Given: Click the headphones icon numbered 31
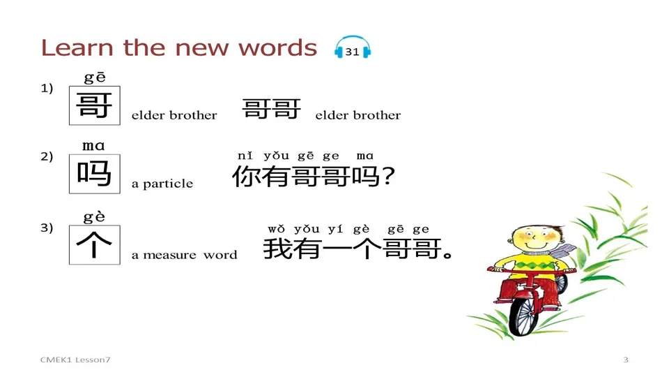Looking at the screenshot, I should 352,50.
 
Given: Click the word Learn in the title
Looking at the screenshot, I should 77,47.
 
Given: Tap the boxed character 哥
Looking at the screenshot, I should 94,105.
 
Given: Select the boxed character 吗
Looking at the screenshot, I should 94,174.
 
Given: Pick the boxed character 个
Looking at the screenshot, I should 94,245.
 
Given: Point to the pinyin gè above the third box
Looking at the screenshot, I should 94,216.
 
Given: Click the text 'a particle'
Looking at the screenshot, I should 162,184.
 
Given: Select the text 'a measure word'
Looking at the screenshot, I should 184,256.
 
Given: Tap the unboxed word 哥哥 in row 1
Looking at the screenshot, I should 272,109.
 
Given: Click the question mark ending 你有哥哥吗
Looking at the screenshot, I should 390,177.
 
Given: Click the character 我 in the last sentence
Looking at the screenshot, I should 277,249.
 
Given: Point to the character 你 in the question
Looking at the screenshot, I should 246,177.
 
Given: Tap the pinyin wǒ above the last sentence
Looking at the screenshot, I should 277,229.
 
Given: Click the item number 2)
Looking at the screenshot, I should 47,157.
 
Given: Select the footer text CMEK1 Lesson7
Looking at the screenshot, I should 75,360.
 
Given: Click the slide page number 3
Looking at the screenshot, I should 625,360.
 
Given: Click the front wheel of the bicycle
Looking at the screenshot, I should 523,314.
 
